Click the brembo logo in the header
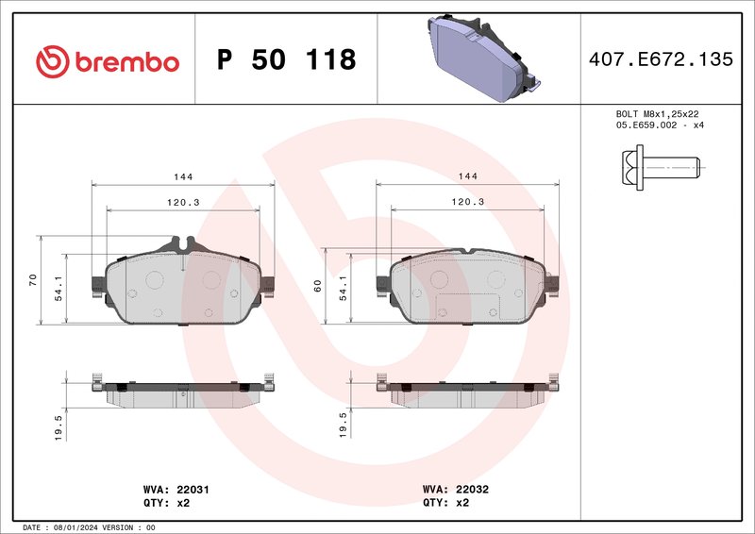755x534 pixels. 107,61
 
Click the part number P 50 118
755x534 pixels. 286,60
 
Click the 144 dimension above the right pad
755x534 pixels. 467,176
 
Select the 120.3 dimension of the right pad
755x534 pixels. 467,202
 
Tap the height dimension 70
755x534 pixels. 33,279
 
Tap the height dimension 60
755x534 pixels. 319,285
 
